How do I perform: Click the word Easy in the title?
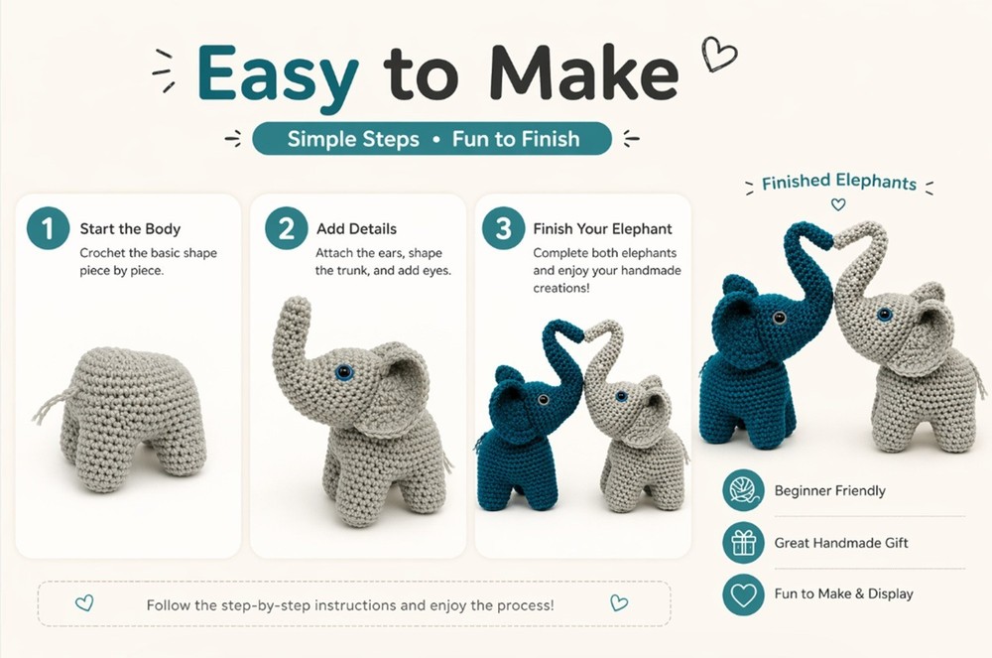pyautogui.click(x=277, y=73)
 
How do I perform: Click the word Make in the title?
pyautogui.click(x=586, y=73)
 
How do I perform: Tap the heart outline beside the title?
pyautogui.click(x=718, y=53)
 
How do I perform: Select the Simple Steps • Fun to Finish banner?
pyautogui.click(x=433, y=139)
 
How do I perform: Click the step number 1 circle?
pyautogui.click(x=48, y=228)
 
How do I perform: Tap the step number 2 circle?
pyautogui.click(x=286, y=228)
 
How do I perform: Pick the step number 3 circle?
pyautogui.click(x=503, y=228)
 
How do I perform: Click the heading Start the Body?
pyautogui.click(x=130, y=229)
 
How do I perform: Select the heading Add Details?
pyautogui.click(x=356, y=229)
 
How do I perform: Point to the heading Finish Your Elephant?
pyautogui.click(x=602, y=229)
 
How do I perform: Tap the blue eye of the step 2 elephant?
pyautogui.click(x=344, y=372)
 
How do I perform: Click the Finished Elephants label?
pyautogui.click(x=838, y=183)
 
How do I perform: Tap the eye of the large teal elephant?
pyautogui.click(x=780, y=318)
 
